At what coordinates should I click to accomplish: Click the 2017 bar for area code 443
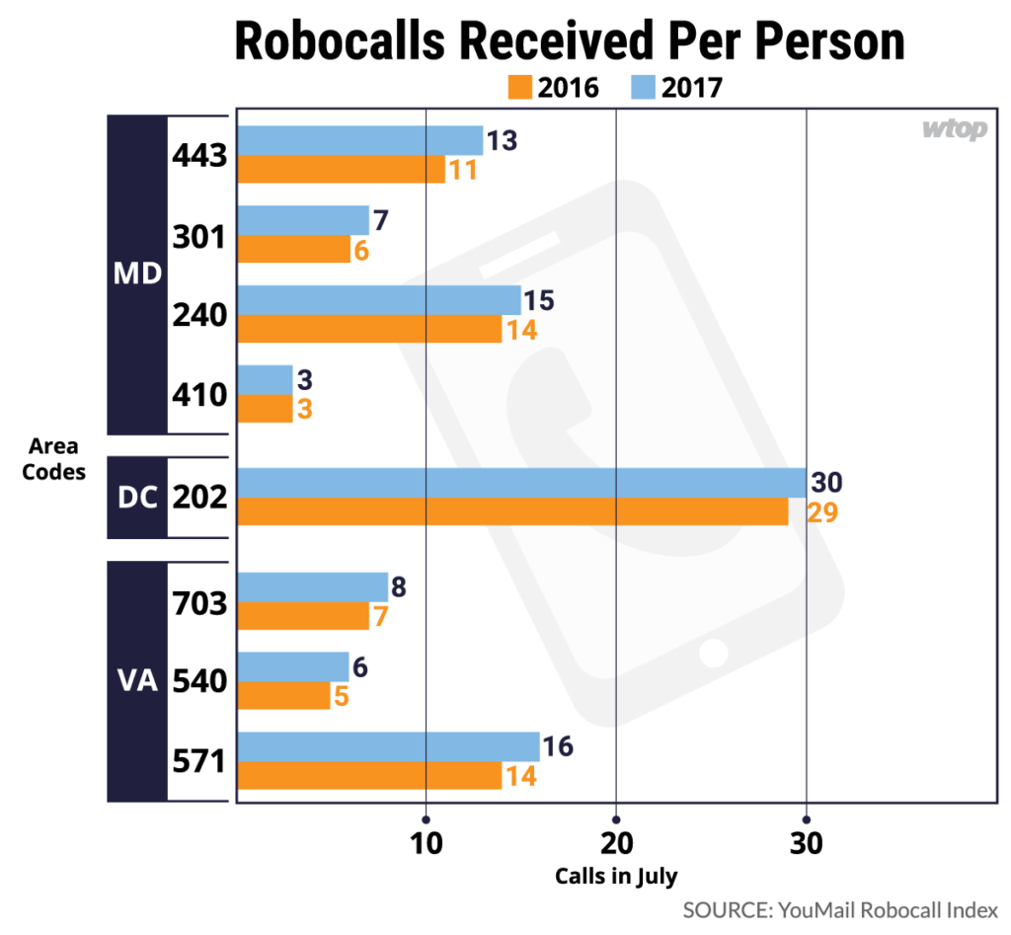pos(360,141)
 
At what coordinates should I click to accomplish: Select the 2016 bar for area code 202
pos(512,511)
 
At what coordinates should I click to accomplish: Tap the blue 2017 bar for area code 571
pos(388,746)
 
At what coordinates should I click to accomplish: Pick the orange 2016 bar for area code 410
pos(266,409)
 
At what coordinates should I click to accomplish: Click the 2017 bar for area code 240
pos(379,300)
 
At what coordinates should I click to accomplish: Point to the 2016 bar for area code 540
pos(284,695)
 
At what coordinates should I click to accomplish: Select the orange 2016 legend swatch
pos(520,88)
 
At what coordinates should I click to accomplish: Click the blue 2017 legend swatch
pos(644,88)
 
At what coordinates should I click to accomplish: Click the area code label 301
pos(200,236)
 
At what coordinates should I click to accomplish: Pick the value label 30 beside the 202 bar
pos(826,484)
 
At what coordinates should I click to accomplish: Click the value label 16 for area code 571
pos(558,746)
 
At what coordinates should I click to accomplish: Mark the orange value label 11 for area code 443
pos(462,170)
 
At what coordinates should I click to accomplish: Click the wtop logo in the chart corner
pos(955,129)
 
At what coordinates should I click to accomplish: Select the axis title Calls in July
pos(616,876)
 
